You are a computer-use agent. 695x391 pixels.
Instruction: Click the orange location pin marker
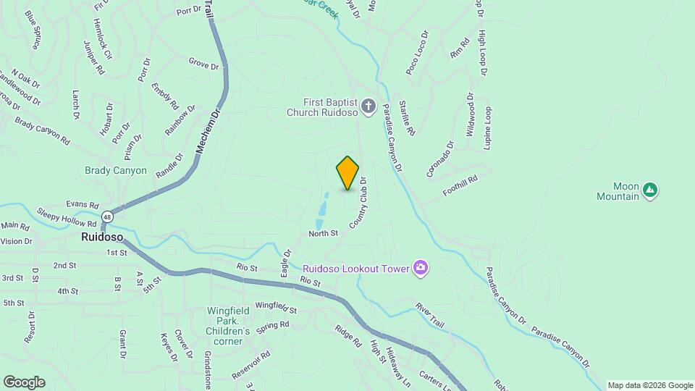(x=347, y=173)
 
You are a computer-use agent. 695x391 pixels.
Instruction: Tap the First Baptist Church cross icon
(x=368, y=108)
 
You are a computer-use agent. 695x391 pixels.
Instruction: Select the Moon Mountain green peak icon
(x=650, y=190)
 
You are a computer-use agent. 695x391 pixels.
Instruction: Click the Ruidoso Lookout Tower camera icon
(x=420, y=269)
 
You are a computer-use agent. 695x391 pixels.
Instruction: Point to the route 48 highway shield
(x=107, y=216)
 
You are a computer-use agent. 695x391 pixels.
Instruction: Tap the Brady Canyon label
(x=116, y=171)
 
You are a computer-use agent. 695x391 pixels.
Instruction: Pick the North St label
(x=323, y=233)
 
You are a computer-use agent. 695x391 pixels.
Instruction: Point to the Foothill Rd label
(x=460, y=188)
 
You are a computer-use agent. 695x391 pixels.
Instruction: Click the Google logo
(x=24, y=382)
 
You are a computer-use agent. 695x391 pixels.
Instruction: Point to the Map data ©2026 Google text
(x=649, y=385)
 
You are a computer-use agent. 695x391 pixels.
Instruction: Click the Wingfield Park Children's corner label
(x=229, y=321)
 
